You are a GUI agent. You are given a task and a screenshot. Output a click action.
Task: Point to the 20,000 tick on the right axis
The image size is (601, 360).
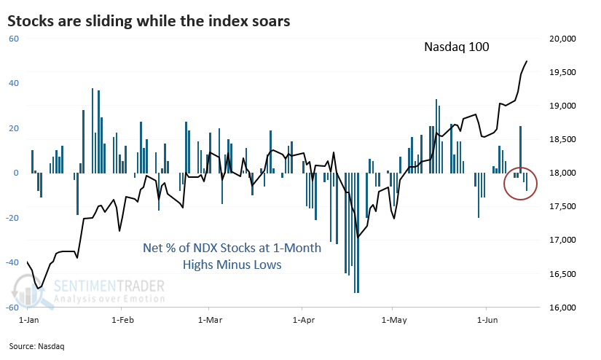tap(560, 39)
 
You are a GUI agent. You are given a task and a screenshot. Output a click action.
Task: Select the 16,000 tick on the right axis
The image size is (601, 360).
tap(560, 308)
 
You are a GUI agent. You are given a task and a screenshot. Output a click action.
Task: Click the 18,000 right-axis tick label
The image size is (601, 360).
tap(560, 173)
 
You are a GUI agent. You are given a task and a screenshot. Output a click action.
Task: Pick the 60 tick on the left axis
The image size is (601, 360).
tap(13, 39)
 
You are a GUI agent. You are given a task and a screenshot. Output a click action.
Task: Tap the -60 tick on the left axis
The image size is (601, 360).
tap(12, 308)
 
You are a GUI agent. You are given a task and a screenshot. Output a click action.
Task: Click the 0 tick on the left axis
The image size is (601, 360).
tap(15, 173)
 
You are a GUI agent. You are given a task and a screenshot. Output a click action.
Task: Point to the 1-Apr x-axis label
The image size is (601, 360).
tap(302, 320)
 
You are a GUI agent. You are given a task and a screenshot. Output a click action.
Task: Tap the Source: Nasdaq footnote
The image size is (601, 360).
tap(38, 346)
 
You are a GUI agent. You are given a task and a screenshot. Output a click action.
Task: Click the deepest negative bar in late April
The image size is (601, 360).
tap(356, 233)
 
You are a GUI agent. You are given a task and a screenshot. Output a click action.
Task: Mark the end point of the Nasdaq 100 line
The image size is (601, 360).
tap(528, 61)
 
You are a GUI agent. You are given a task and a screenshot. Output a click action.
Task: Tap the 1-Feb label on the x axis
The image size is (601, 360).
tap(121, 320)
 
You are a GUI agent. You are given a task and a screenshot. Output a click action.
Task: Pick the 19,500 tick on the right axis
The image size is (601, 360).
tap(560, 72)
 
